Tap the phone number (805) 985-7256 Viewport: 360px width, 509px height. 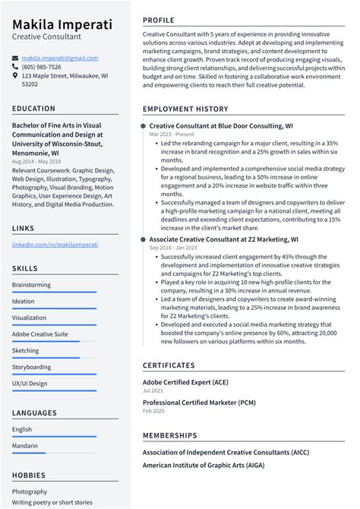click(43, 67)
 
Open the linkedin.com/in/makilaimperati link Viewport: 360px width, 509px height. click(55, 245)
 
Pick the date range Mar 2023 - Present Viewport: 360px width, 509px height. click(171, 134)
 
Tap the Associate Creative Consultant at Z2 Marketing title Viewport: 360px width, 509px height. click(223, 239)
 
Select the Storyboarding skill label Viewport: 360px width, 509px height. click(32, 367)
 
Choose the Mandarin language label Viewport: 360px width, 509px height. click(25, 446)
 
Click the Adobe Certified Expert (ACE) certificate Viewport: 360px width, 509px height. click(187, 381)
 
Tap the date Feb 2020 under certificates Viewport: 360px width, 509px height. click(153, 410)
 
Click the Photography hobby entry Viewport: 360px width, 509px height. click(30, 492)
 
